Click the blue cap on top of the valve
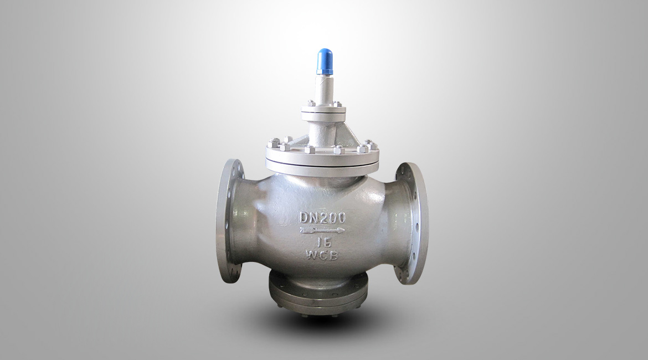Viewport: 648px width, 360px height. point(325,61)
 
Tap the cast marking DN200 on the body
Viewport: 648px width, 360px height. point(322,218)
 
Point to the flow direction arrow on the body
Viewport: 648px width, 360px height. point(322,230)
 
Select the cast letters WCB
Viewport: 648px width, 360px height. point(322,255)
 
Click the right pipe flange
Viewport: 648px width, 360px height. point(411,223)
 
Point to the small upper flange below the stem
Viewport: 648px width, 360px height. point(323,112)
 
